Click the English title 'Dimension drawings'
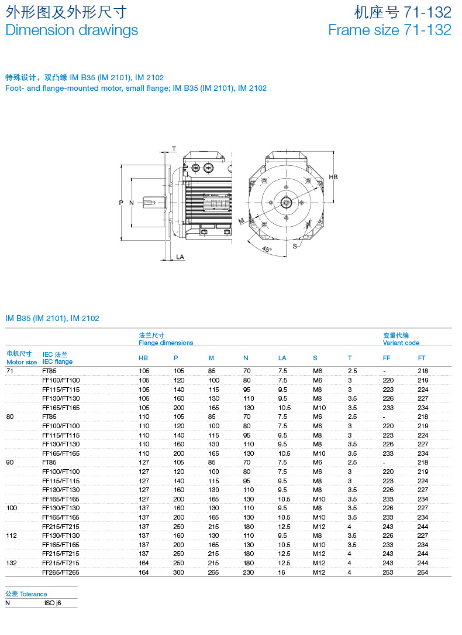[x=71, y=30]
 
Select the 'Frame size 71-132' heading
[x=389, y=30]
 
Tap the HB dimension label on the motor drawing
[x=333, y=177]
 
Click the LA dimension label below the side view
[x=180, y=257]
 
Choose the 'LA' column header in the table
[x=282, y=358]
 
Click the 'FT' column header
[x=422, y=358]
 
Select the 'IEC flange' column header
[x=57, y=361]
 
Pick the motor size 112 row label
[x=12, y=535]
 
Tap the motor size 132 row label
[x=12, y=563]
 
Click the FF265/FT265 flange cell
[x=61, y=572]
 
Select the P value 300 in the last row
[x=178, y=572]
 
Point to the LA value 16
[x=281, y=572]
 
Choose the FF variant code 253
[x=388, y=572]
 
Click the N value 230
[x=249, y=572]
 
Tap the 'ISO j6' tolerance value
[x=53, y=602]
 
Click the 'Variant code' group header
[x=401, y=343]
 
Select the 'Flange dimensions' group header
[x=166, y=343]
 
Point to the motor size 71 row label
[x=9, y=371]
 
